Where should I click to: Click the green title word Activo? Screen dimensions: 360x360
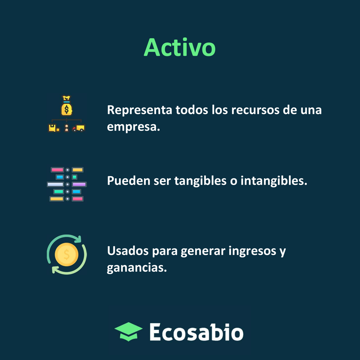180,47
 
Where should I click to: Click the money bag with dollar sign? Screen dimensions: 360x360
67,108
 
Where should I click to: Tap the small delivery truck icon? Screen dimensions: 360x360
79,128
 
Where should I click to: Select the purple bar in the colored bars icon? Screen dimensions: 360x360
79,184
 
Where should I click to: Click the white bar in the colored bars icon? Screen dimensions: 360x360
55,184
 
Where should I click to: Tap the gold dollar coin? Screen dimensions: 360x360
67,255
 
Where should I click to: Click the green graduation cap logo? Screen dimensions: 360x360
128,331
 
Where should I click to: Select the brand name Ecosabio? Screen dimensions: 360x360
196,332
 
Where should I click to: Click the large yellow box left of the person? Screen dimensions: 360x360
53,128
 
